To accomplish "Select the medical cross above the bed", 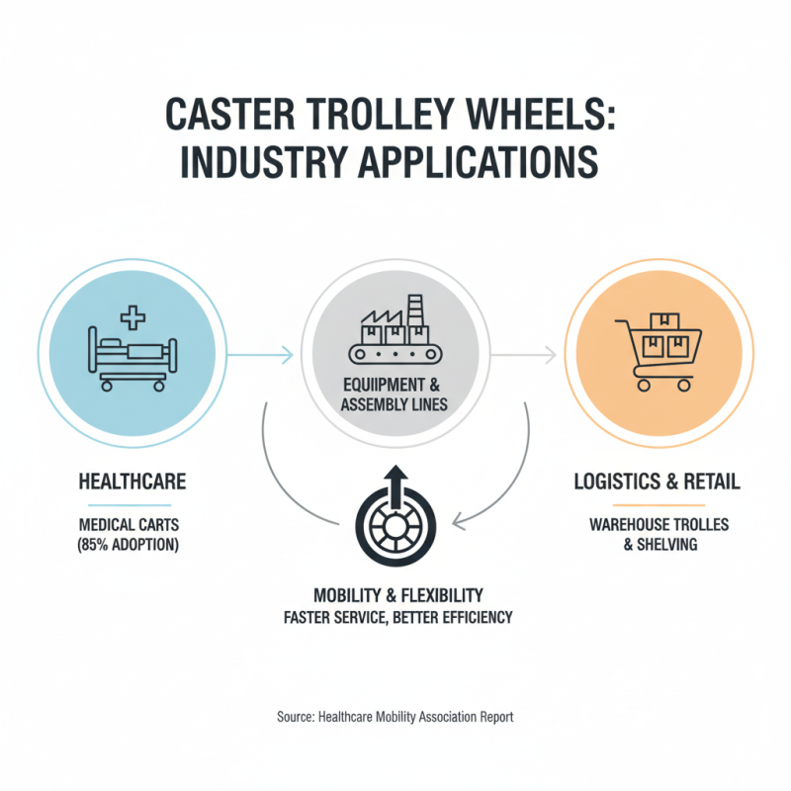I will (x=131, y=318).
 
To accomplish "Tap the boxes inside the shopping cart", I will (x=664, y=337).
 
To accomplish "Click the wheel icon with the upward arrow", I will (x=395, y=521).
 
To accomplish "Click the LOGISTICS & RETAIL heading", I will (x=658, y=482).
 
